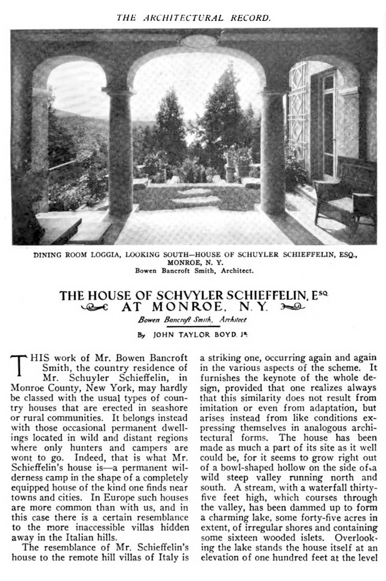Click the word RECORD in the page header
[252, 18]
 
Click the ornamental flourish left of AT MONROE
[95, 307]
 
